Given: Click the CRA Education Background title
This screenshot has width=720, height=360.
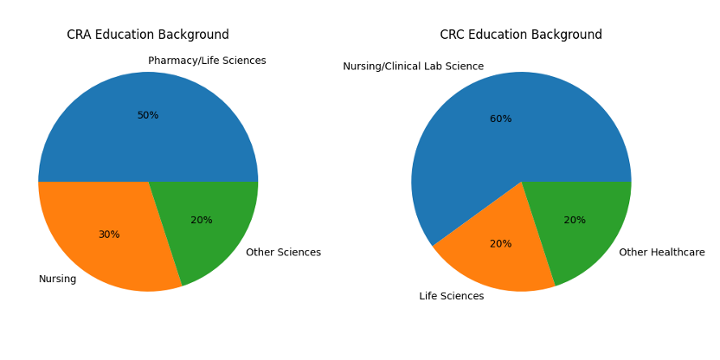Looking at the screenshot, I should tap(148, 35).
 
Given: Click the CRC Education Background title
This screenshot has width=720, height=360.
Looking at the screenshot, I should tap(521, 35).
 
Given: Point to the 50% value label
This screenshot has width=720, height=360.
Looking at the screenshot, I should tap(148, 115).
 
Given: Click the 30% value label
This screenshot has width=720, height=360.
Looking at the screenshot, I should tap(109, 235).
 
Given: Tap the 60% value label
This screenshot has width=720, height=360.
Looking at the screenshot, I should tap(501, 119).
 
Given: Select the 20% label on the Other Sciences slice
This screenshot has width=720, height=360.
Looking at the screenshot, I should tap(202, 220).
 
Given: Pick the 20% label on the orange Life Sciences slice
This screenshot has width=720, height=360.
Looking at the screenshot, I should tap(501, 244).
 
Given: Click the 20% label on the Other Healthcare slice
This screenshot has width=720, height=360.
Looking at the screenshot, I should tap(575, 220).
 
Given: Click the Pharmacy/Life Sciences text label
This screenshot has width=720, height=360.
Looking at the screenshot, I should tap(207, 61).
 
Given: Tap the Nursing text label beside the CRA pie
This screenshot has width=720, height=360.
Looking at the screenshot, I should tap(57, 279).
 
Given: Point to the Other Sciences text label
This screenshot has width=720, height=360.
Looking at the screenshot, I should tap(283, 253).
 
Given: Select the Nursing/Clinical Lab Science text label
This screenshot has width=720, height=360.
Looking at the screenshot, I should tap(413, 67).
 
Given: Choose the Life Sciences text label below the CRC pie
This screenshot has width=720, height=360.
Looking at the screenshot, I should tap(452, 296).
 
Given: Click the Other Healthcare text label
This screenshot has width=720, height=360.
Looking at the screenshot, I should tap(662, 253).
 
